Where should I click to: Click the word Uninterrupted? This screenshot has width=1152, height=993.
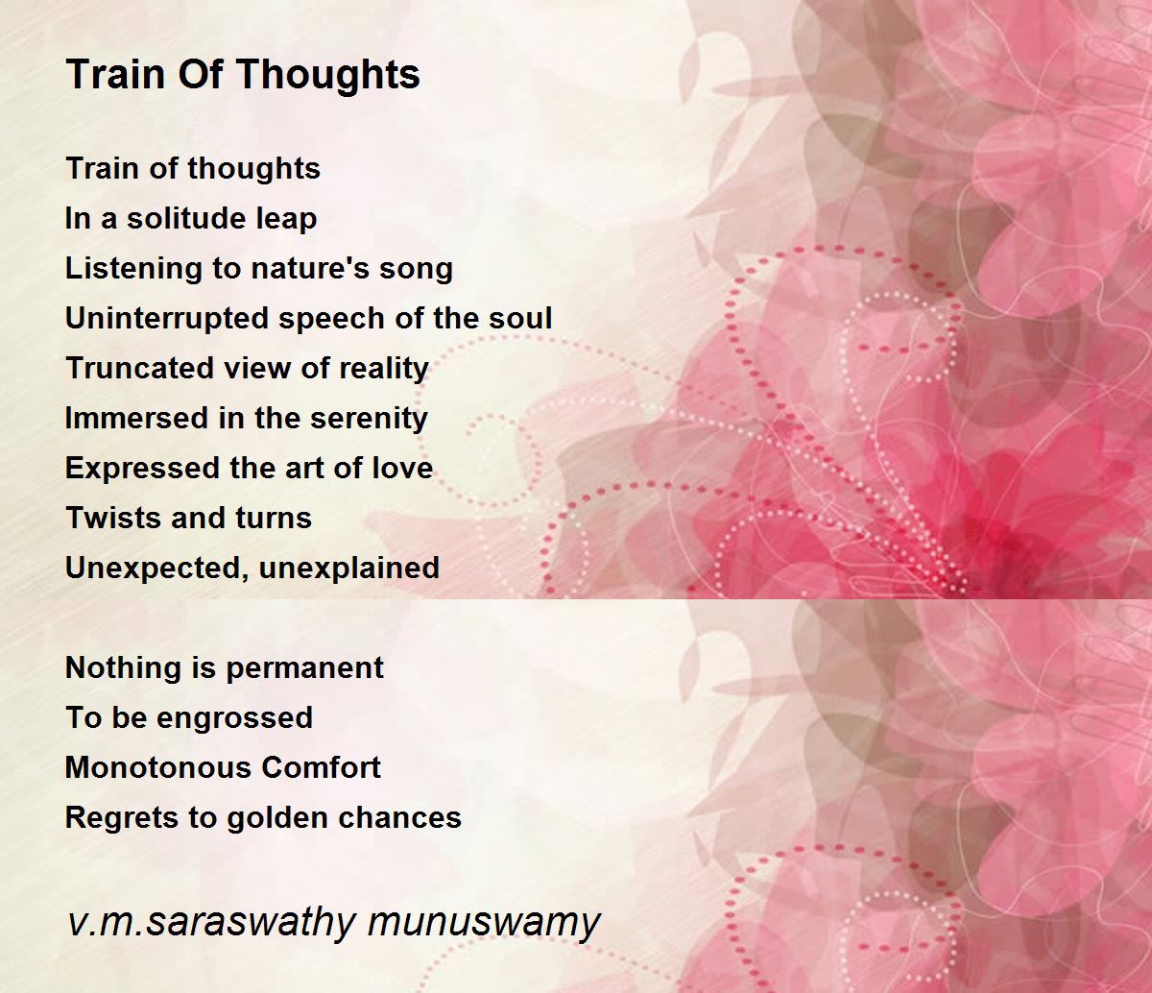(168, 320)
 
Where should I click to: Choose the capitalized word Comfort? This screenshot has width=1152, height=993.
(321, 767)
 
